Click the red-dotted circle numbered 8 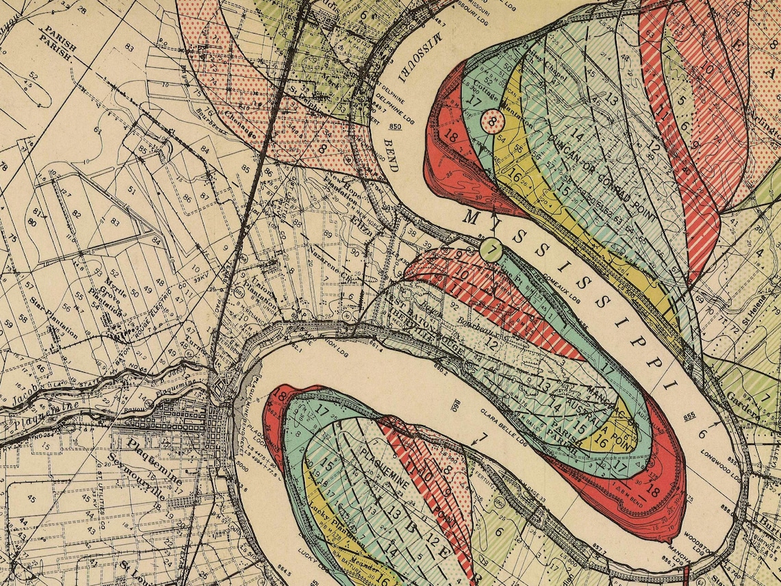click(x=493, y=122)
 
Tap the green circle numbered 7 click(x=491, y=249)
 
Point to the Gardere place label click(x=743, y=408)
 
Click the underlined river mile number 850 click(x=394, y=126)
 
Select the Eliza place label click(x=361, y=228)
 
